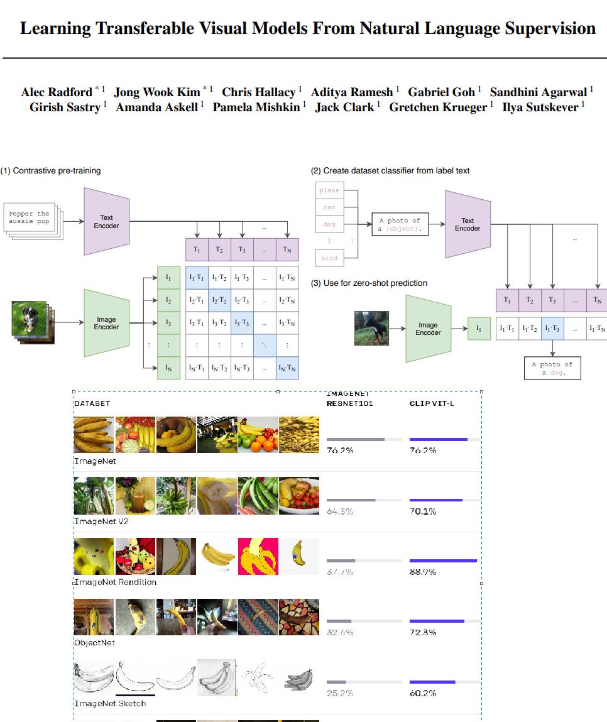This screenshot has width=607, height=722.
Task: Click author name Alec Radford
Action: point(57,92)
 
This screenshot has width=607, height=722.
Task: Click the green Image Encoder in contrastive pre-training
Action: point(106,323)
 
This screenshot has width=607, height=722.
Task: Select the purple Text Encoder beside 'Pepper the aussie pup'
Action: point(106,221)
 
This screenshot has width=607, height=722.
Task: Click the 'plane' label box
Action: point(329,190)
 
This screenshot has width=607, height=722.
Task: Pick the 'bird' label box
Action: point(329,258)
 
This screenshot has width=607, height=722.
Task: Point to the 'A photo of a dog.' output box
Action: point(552,368)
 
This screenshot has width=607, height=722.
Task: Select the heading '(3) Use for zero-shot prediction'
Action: point(369,283)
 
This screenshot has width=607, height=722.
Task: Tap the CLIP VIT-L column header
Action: point(431,403)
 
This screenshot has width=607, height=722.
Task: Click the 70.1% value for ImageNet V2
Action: point(422,511)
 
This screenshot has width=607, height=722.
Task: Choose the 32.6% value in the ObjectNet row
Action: point(340,632)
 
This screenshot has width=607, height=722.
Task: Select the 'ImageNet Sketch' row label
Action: point(110,703)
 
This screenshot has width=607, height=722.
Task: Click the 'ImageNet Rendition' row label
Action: point(115,582)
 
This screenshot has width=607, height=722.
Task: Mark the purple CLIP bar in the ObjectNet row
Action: point(437,621)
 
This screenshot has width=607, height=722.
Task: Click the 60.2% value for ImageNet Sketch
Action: point(422,693)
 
